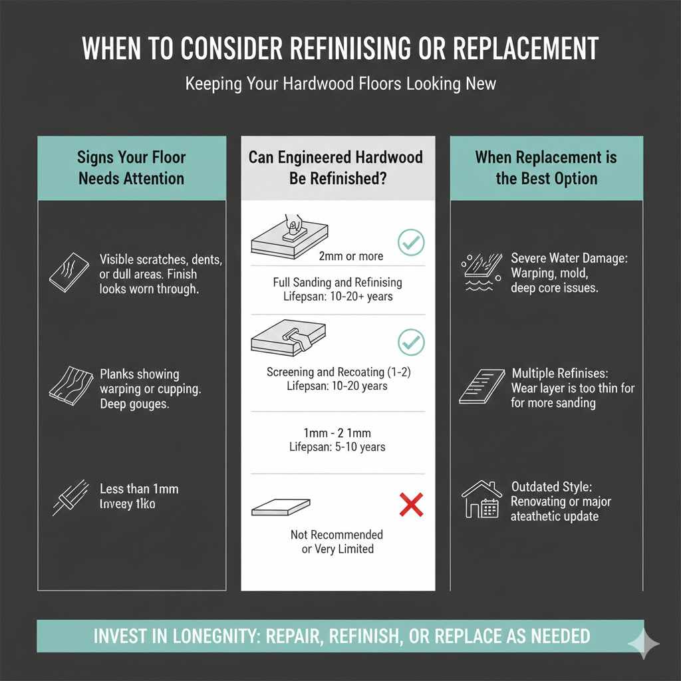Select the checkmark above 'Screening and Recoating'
coord(410,342)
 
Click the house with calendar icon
coord(480,499)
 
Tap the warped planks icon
coord(69,384)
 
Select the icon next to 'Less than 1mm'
coord(70,497)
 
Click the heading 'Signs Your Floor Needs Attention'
coord(131,168)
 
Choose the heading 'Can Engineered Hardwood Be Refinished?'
coord(336,168)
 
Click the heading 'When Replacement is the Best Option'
coord(546,168)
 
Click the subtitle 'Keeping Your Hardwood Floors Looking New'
coord(340,84)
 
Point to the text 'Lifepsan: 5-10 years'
coord(337,447)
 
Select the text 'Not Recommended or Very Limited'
coord(337,542)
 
